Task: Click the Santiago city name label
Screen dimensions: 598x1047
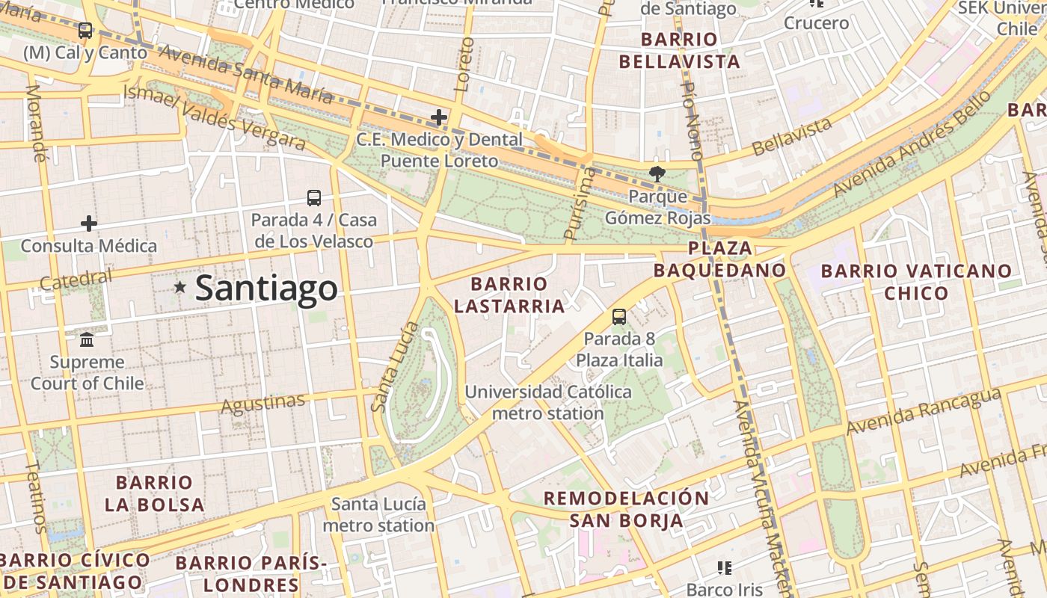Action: point(266,289)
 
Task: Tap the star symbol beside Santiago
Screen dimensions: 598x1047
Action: point(179,287)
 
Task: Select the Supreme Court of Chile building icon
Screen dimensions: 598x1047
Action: point(87,340)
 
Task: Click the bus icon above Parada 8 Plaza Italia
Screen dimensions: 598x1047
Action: point(619,317)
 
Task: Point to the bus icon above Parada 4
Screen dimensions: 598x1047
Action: point(314,198)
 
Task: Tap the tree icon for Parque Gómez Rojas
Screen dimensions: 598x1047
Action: point(657,174)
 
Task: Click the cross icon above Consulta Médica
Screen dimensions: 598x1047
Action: point(89,224)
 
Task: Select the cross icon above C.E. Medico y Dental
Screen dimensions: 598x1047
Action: point(439,117)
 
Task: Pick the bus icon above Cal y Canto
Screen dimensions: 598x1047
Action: point(85,31)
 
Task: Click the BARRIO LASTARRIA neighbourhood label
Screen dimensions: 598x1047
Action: point(509,295)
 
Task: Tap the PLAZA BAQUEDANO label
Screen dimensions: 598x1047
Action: point(720,259)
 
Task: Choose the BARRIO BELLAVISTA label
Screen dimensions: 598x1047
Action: point(680,51)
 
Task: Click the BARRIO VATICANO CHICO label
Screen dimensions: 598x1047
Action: point(916,282)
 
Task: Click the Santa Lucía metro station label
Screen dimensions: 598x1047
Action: point(378,514)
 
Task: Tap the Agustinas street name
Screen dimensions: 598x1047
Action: point(263,403)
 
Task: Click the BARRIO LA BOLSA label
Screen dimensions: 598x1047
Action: point(155,493)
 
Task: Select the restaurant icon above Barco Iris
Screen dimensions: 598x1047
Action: point(724,568)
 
